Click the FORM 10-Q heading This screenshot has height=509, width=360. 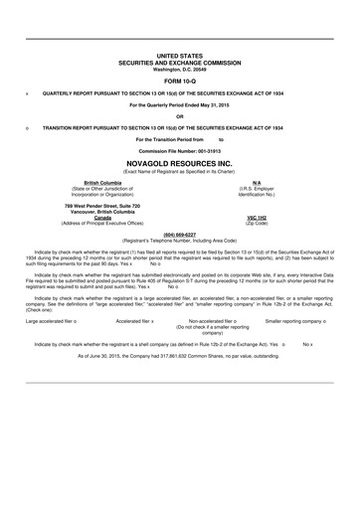click(179, 80)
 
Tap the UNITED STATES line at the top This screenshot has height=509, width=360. click(179, 57)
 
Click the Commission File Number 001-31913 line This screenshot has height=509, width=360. click(179, 151)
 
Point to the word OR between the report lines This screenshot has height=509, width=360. click(179, 115)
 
